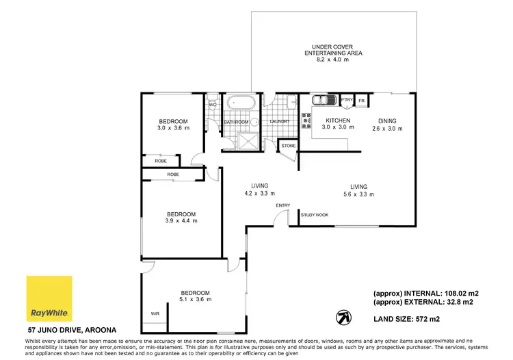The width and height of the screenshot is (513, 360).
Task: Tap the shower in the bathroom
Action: pyautogui.click(x=244, y=140)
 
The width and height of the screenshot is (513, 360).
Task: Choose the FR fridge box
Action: pyautogui.click(x=362, y=101)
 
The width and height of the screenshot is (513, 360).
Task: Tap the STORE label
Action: pyautogui.click(x=288, y=145)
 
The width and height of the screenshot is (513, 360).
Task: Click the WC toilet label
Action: pyautogui.click(x=212, y=105)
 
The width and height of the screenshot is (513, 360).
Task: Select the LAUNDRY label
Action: pyautogui.click(x=280, y=122)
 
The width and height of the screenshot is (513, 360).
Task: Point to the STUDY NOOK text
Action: pyautogui.click(x=315, y=215)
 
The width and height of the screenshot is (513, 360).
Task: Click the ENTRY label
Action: pyautogui.click(x=283, y=205)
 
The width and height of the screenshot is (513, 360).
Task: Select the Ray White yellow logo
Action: pyautogui.click(x=48, y=299)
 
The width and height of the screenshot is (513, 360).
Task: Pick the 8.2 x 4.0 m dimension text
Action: pyautogui.click(x=332, y=60)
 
